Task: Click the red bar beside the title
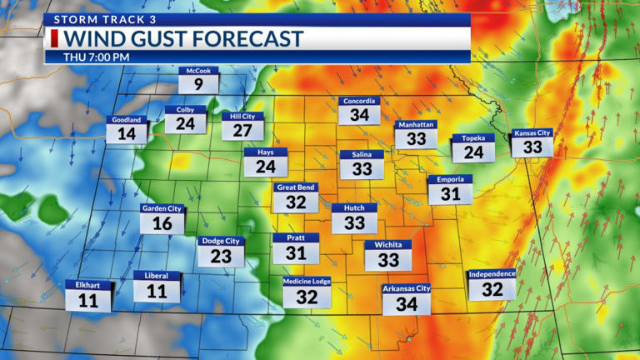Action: coord(55,39)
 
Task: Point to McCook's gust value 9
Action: coord(198,84)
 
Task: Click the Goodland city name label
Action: coord(127,120)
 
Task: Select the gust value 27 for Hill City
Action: coord(242,131)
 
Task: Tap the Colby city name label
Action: coord(185,110)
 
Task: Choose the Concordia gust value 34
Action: coord(359,115)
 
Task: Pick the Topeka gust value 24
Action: coord(473,152)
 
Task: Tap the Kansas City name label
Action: coord(532,133)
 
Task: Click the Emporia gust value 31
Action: coord(450,194)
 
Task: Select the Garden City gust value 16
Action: coord(162,223)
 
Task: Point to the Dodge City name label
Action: coord(221,241)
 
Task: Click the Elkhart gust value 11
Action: coord(87,301)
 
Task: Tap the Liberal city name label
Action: coord(157,276)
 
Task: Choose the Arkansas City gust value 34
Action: coord(406,304)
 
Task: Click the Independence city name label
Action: coord(492,274)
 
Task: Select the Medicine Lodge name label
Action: coord(307,282)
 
